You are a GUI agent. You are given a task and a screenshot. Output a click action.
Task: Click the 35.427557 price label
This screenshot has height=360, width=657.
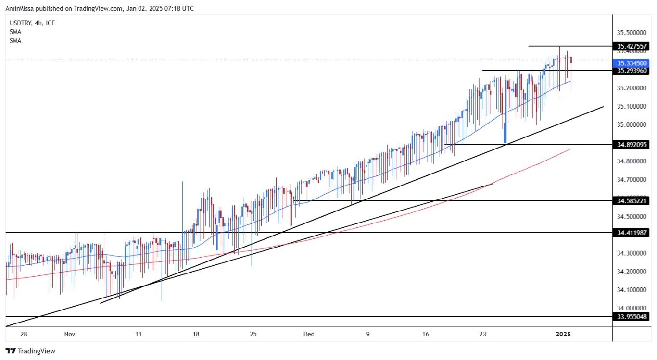pyautogui.click(x=632, y=47)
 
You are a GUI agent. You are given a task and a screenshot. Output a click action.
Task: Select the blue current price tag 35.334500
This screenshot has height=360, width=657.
pyautogui.click(x=632, y=63)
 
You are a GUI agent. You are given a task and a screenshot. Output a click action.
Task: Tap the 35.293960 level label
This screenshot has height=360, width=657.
pyautogui.click(x=632, y=71)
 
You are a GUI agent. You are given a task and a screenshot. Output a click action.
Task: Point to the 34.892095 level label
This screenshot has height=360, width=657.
pyautogui.click(x=632, y=144)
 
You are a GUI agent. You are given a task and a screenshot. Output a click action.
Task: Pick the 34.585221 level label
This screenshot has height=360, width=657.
pyautogui.click(x=632, y=200)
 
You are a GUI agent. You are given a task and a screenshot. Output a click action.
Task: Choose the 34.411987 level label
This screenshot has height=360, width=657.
pyautogui.click(x=632, y=233)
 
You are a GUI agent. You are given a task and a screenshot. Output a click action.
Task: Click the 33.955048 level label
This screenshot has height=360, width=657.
pyautogui.click(x=632, y=316)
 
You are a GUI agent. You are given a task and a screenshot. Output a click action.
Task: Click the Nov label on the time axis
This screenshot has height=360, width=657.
pyautogui.click(x=70, y=334)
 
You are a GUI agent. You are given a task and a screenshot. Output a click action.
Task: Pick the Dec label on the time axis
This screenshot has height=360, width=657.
pyautogui.click(x=309, y=334)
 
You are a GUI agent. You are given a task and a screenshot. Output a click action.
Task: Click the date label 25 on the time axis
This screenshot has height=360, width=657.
pyautogui.click(x=253, y=334)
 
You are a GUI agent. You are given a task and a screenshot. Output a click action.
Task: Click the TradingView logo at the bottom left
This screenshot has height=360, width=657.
pyautogui.click(x=30, y=351)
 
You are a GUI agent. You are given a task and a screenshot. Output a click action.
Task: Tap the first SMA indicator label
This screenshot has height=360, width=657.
pyautogui.click(x=15, y=32)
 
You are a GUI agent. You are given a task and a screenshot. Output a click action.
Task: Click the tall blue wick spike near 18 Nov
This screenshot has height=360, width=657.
pyautogui.click(x=182, y=202)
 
